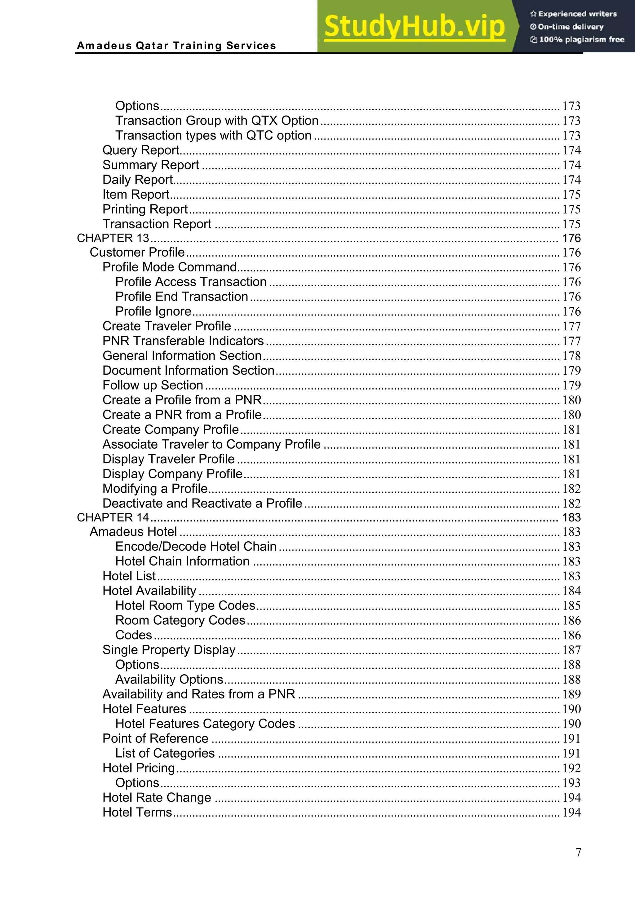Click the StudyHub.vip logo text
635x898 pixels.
pyautogui.click(x=414, y=27)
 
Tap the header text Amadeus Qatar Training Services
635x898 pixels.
pyautogui.click(x=176, y=46)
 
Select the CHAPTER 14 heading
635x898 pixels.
pyautogui.click(x=113, y=517)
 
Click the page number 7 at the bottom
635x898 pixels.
pyautogui.click(x=578, y=852)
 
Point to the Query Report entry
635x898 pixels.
pyautogui.click(x=140, y=150)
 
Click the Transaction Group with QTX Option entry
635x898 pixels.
pyautogui.click(x=217, y=121)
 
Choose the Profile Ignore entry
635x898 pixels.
pyautogui.click(x=153, y=311)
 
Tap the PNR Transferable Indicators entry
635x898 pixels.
pyautogui.click(x=183, y=341)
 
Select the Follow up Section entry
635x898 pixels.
pyautogui.click(x=153, y=385)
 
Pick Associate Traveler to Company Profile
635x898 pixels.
pyautogui.click(x=211, y=444)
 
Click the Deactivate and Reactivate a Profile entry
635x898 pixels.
pyautogui.click(x=202, y=503)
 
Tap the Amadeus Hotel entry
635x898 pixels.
pyautogui.click(x=133, y=531)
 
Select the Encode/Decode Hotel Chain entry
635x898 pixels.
pyautogui.click(x=196, y=546)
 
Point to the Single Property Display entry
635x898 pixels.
pyautogui.click(x=169, y=650)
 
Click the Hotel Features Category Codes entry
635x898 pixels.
pyautogui.click(x=205, y=724)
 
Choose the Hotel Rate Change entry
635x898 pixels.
pyautogui.click(x=157, y=798)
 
